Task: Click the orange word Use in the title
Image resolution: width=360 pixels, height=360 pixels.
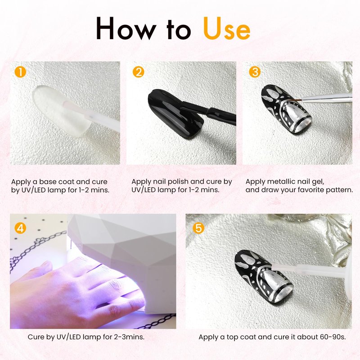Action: [227, 28]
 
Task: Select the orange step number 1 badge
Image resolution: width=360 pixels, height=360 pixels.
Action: [20, 72]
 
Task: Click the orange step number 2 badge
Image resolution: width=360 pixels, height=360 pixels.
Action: [138, 72]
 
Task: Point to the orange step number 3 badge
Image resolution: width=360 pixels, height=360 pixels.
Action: [255, 72]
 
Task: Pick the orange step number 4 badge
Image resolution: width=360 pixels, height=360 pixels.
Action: [20, 228]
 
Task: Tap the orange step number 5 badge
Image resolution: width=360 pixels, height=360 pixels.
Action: [198, 228]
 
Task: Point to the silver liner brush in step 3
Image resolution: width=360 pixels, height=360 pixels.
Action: [324, 98]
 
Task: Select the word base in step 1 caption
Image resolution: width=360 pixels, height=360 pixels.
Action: [48, 182]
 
